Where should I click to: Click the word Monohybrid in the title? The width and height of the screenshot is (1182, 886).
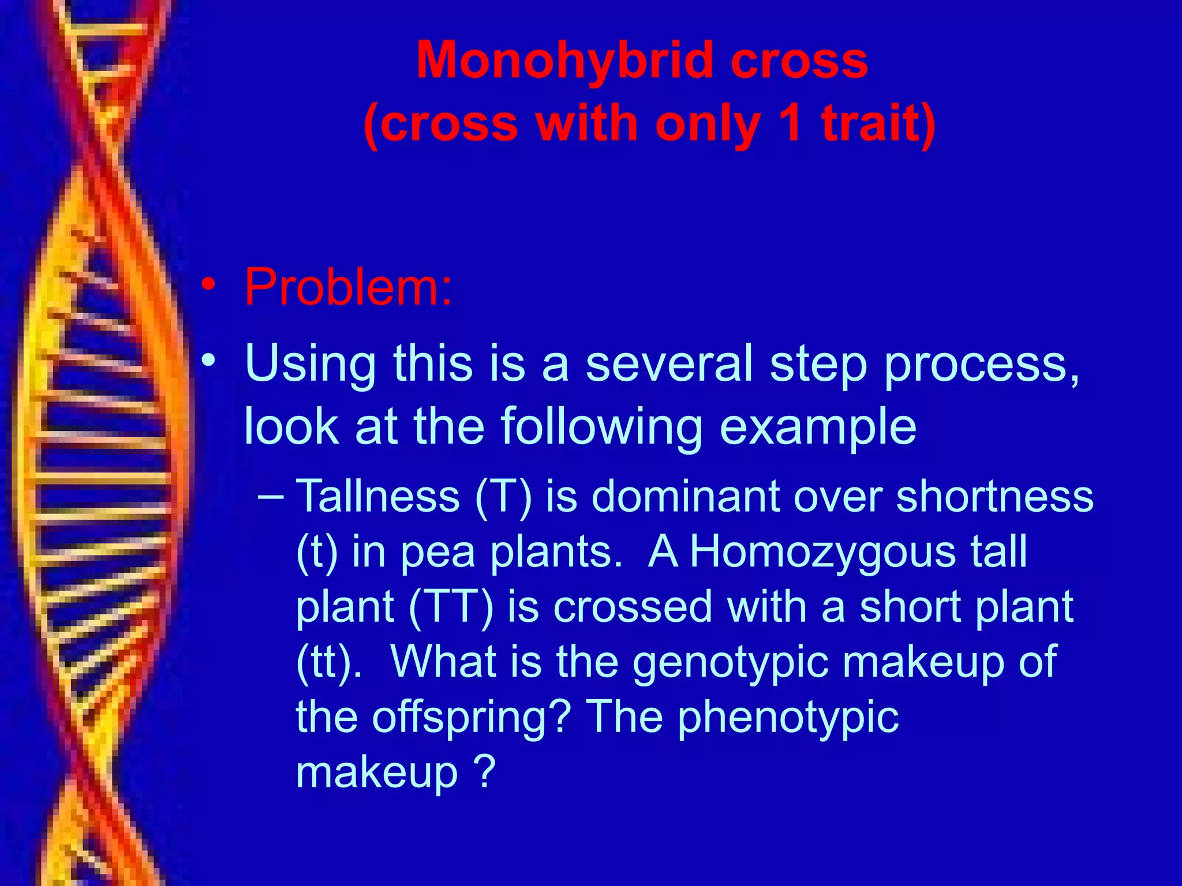(564, 61)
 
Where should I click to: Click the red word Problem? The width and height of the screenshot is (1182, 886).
(348, 287)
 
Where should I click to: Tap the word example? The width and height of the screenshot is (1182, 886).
(818, 427)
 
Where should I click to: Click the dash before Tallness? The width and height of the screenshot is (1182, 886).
(272, 496)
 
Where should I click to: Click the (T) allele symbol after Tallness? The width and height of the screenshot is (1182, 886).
(503, 497)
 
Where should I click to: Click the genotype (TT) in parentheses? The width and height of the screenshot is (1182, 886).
(451, 607)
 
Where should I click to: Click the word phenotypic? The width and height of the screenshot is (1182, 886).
(788, 718)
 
